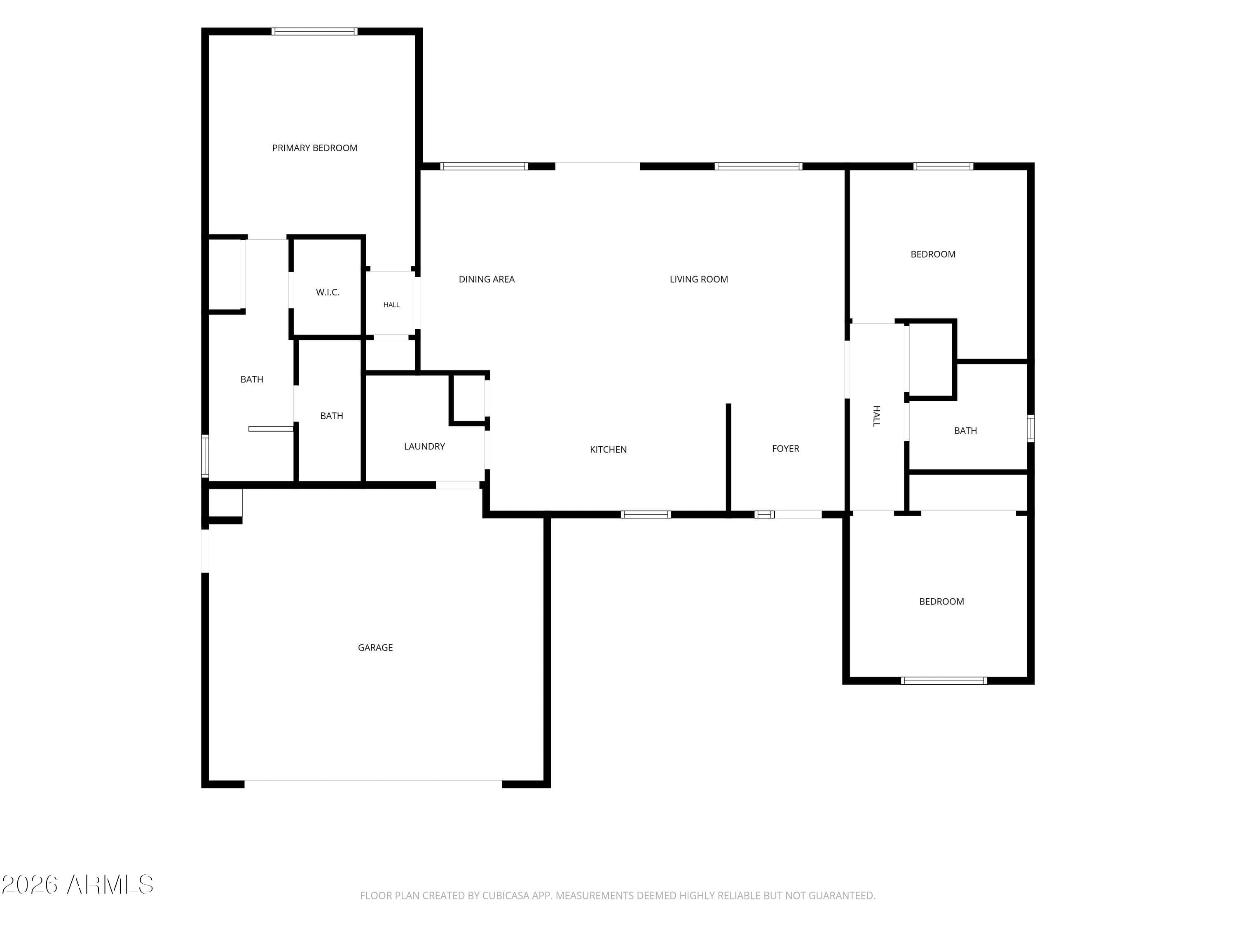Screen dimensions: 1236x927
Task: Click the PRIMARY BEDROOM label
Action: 315,148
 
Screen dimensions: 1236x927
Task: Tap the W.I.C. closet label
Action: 328,292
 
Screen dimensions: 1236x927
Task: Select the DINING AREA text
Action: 487,279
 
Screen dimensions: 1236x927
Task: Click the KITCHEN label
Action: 609,449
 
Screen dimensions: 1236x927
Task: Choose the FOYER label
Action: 786,449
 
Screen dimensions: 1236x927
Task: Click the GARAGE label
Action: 375,648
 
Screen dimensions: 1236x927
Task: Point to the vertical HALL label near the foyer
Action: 877,416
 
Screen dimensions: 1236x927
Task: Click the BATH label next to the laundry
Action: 331,416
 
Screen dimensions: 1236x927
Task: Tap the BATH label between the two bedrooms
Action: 966,431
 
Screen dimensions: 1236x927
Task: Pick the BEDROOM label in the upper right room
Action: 933,254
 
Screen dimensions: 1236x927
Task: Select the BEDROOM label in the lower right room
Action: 941,602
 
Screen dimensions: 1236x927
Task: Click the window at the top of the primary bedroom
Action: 315,31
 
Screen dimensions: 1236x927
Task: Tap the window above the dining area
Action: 484,166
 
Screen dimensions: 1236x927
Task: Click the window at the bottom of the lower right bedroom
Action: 944,681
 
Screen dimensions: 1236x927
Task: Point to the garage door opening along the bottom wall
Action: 373,781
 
